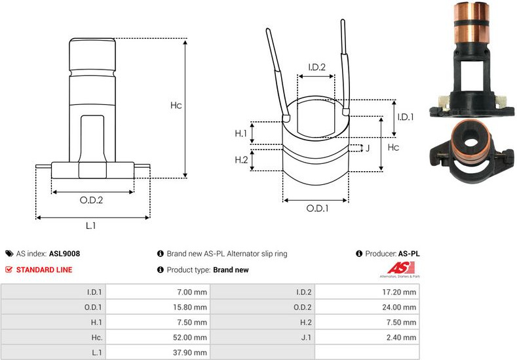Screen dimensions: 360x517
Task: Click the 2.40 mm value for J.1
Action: [402, 338]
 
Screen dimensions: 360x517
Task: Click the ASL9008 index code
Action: [64, 253]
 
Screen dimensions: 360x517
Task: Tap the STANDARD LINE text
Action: [44, 270]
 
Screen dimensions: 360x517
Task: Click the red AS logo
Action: [398, 268]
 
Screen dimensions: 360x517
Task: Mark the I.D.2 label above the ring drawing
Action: [317, 67]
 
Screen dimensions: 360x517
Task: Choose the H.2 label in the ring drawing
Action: [241, 160]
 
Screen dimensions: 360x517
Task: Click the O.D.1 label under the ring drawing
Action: [317, 209]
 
